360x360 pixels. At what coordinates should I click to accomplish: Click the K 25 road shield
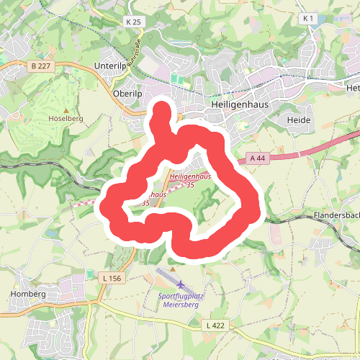pyautogui.click(x=134, y=22)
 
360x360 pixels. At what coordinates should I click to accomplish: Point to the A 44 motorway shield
pyautogui.click(x=258, y=158)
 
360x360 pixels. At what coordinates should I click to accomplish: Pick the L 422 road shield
pyautogui.click(x=215, y=326)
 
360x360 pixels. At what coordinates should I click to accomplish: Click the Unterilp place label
pyautogui.click(x=110, y=66)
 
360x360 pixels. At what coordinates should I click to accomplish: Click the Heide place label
pyautogui.click(x=298, y=120)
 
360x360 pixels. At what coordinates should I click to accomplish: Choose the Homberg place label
pyautogui.click(x=28, y=294)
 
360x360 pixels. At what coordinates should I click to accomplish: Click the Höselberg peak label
pyautogui.click(x=66, y=117)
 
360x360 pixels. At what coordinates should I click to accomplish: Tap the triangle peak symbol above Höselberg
pyautogui.click(x=66, y=109)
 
